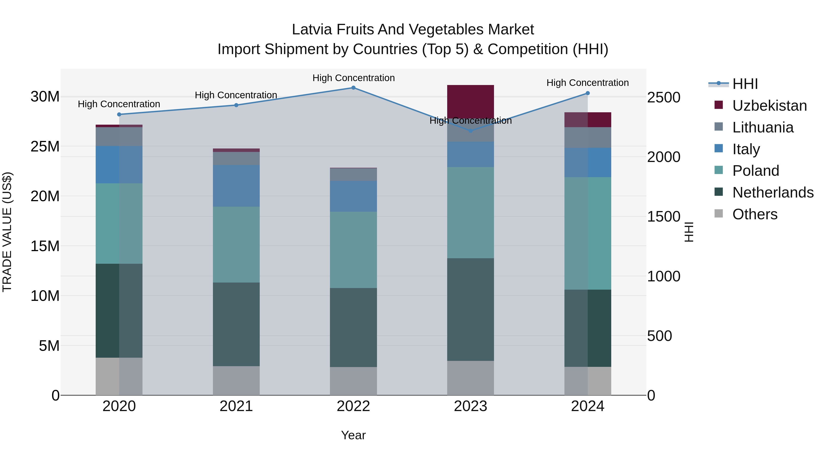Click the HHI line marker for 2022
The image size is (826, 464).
pyautogui.click(x=353, y=88)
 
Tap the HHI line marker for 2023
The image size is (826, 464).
pyautogui.click(x=470, y=131)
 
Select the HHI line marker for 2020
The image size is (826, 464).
pyautogui.click(x=119, y=114)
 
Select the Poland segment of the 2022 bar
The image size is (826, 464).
pyautogui.click(x=353, y=250)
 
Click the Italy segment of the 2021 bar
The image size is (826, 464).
pyautogui.click(x=236, y=186)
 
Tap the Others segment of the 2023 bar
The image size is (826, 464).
pyautogui.click(x=470, y=378)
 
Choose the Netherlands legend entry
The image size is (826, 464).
pyautogui.click(x=773, y=192)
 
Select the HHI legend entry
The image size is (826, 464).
pyautogui.click(x=745, y=84)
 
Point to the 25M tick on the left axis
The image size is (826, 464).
pyautogui.click(x=45, y=146)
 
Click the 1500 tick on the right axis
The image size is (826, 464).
pyautogui.click(x=663, y=217)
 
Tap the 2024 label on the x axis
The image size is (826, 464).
pyautogui.click(x=587, y=406)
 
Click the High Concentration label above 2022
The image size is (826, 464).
pyautogui.click(x=353, y=78)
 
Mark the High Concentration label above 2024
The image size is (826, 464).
pyautogui.click(x=587, y=83)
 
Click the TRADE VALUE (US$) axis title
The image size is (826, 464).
pyautogui.click(x=7, y=232)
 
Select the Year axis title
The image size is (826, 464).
pyautogui.click(x=353, y=435)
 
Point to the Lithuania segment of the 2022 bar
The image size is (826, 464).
pyautogui.click(x=353, y=175)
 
